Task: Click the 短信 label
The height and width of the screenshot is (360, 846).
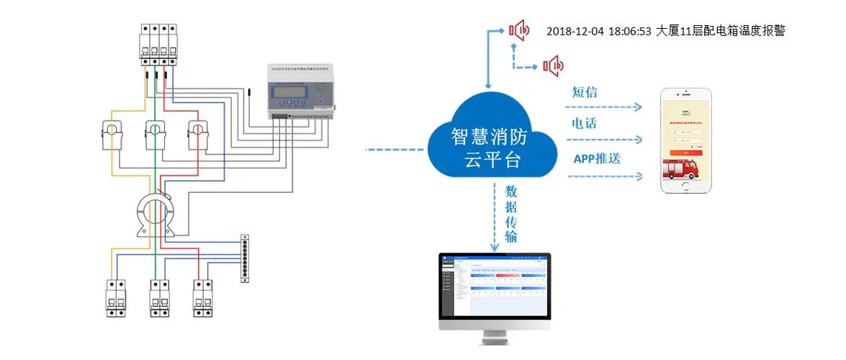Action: click(x=585, y=92)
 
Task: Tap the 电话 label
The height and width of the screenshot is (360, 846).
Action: click(x=584, y=123)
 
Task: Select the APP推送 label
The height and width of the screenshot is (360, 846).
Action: click(x=596, y=158)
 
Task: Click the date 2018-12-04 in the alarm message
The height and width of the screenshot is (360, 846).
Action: click(x=575, y=31)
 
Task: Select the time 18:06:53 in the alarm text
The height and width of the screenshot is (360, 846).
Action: click(x=630, y=31)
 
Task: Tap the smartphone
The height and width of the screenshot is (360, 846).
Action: click(x=687, y=140)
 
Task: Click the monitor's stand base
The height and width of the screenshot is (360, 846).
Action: click(x=495, y=341)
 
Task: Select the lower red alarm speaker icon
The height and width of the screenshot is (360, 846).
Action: click(x=553, y=66)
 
